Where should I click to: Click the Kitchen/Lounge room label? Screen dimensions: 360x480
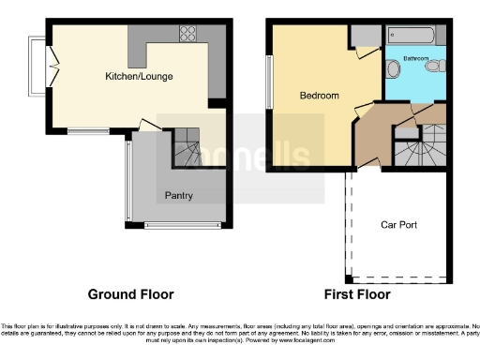coord(139,75)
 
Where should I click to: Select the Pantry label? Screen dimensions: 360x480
coord(178,196)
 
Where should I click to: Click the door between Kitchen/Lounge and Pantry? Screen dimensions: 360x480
coord(148,126)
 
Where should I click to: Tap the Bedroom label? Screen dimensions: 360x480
coord(319,96)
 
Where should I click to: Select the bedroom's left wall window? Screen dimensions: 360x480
coord(269,81)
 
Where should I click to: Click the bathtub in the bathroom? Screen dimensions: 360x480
coord(408,37)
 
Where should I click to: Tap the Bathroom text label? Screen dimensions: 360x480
coord(416,59)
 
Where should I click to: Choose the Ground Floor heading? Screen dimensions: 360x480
coord(130,294)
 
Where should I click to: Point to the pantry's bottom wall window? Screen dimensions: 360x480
coord(183,225)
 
